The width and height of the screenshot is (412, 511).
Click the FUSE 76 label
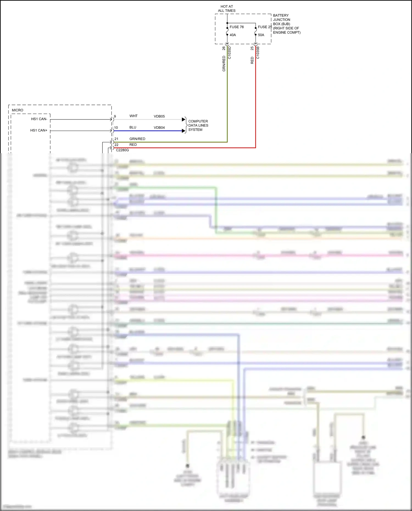pyautogui.click(x=236, y=27)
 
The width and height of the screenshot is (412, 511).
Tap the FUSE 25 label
pyautogui.click(x=265, y=27)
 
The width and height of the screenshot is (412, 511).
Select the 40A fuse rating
pyautogui.click(x=233, y=35)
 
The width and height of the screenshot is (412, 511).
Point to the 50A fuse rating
pyautogui.click(x=261, y=35)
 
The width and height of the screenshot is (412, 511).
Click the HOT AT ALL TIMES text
pyautogui.click(x=227, y=9)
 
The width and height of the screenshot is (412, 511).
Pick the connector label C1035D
pyautogui.click(x=230, y=53)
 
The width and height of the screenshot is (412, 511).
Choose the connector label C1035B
pyautogui.click(x=258, y=53)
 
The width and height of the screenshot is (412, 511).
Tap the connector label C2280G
pyautogui.click(x=122, y=150)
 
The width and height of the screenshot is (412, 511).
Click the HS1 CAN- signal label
pyautogui.click(x=39, y=119)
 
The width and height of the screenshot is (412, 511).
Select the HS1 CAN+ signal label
pyautogui.click(x=39, y=130)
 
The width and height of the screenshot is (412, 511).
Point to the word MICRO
pyautogui.click(x=18, y=110)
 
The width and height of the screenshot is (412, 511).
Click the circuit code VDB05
pyautogui.click(x=159, y=116)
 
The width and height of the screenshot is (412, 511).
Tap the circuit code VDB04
pyautogui.click(x=159, y=128)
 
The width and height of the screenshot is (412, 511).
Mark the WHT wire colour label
pyautogui.click(x=133, y=116)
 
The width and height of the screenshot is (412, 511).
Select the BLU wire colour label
pyautogui.click(x=133, y=127)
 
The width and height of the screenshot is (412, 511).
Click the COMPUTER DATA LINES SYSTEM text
pyautogui.click(x=198, y=125)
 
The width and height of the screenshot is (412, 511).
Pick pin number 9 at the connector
pyautogui.click(x=115, y=116)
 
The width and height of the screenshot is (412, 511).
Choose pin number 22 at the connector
pyautogui.click(x=116, y=145)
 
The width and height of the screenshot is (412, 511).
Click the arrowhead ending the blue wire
pyautogui.click(x=183, y=131)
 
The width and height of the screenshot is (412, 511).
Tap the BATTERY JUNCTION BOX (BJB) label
pyautogui.click(x=286, y=24)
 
